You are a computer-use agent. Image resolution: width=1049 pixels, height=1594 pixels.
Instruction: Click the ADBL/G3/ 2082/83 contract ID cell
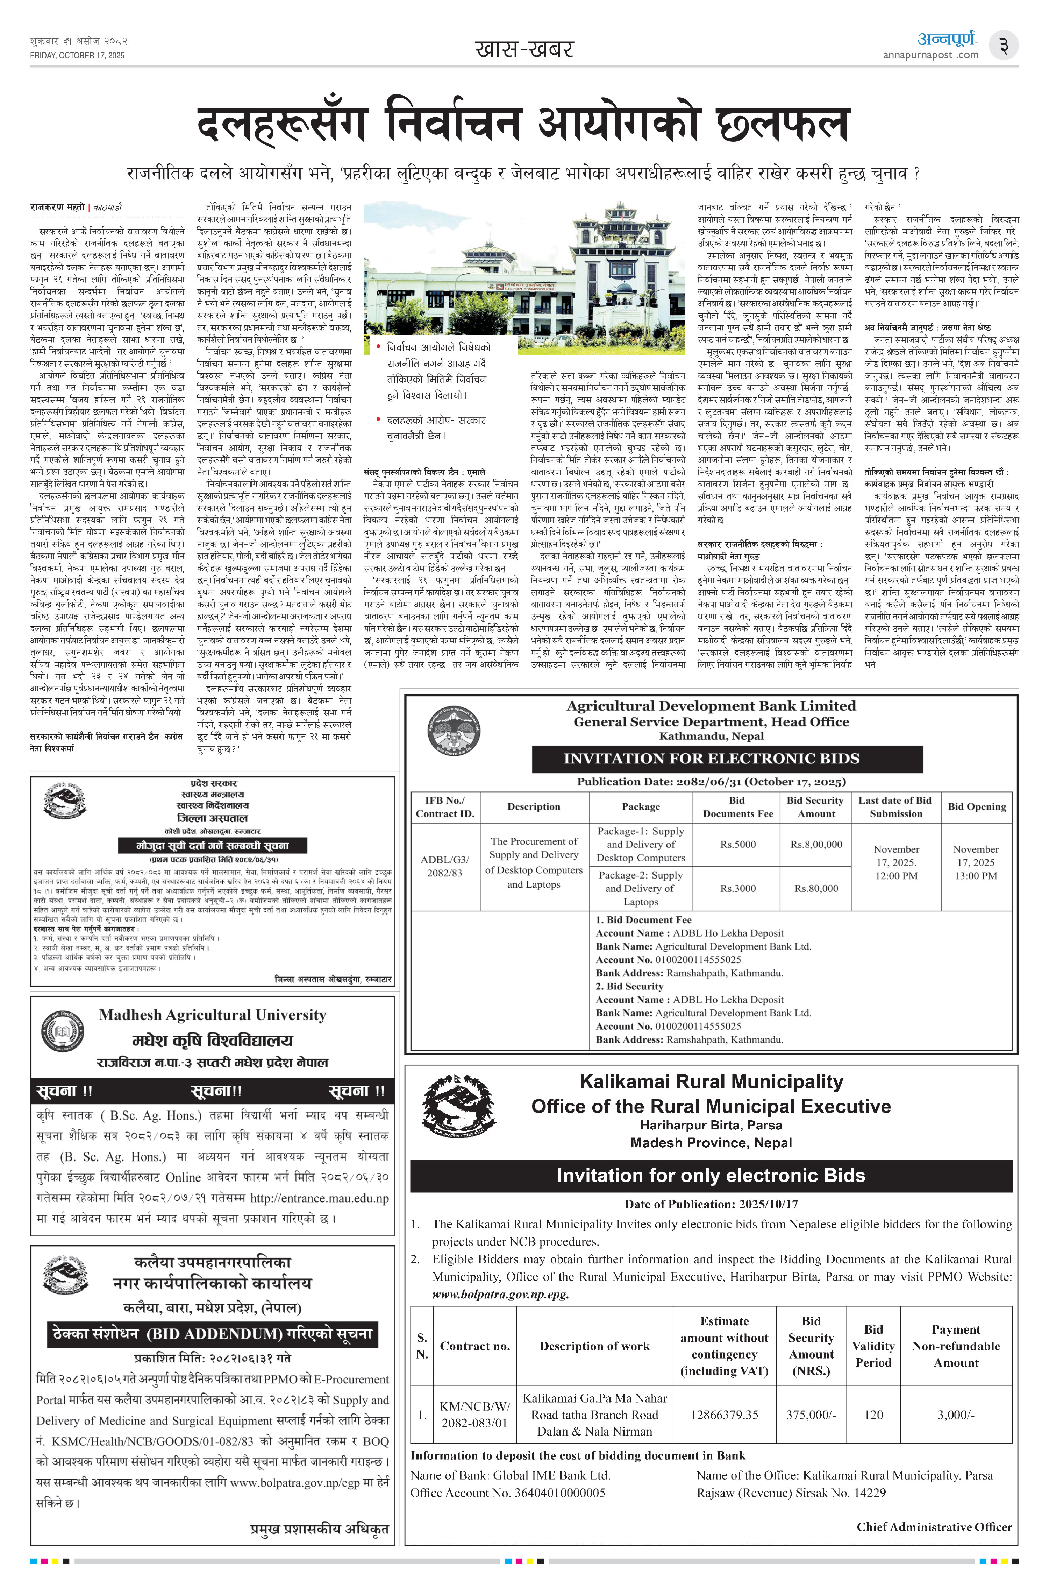coord(444,866)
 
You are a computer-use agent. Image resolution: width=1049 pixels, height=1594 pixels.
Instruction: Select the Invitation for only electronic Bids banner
coord(711,1176)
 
